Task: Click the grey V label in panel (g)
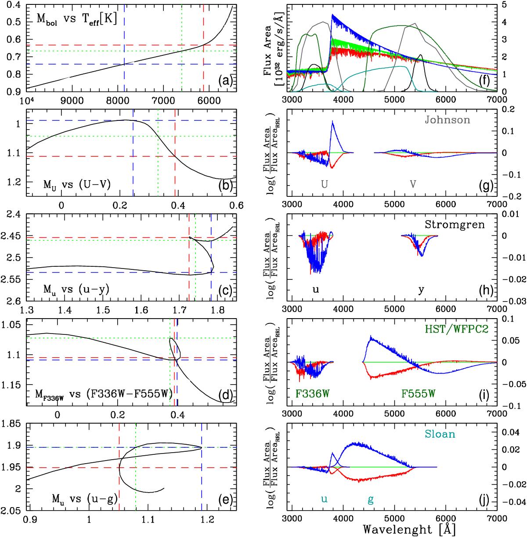click(413, 185)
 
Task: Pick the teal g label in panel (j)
click(371, 499)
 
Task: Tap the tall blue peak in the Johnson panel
click(332, 121)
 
